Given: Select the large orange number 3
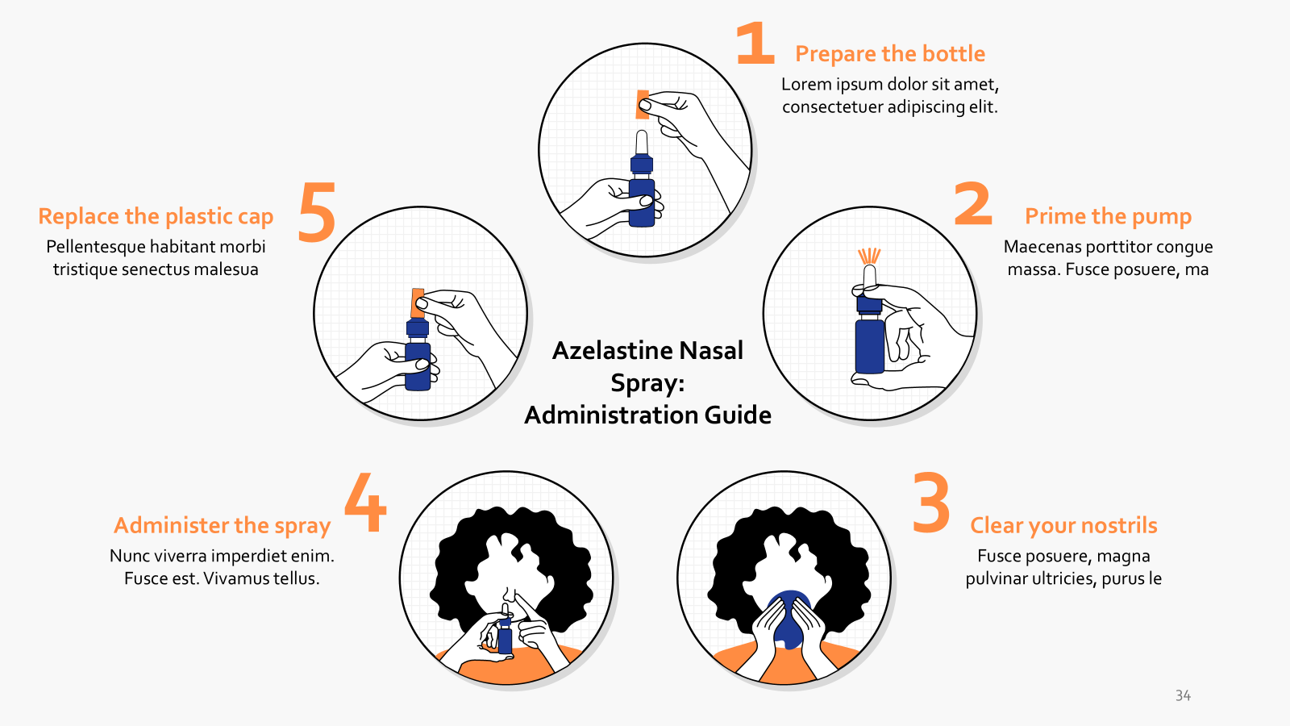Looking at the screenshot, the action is coord(931,503).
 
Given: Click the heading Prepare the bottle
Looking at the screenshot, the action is coord(890,54).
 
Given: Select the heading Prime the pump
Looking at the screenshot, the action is coord(1108,216).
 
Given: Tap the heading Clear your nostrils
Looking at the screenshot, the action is coord(1063,526).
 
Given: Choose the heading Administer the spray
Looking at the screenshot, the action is coord(223,526).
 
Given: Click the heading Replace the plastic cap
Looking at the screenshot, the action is coord(156,216).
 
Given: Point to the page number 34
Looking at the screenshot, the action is coord(1183,695).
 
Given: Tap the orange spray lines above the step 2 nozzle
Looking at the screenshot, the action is coord(869,256).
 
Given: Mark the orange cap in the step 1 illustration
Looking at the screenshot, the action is coord(642,105).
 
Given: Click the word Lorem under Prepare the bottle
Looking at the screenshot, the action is coord(806,85).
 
